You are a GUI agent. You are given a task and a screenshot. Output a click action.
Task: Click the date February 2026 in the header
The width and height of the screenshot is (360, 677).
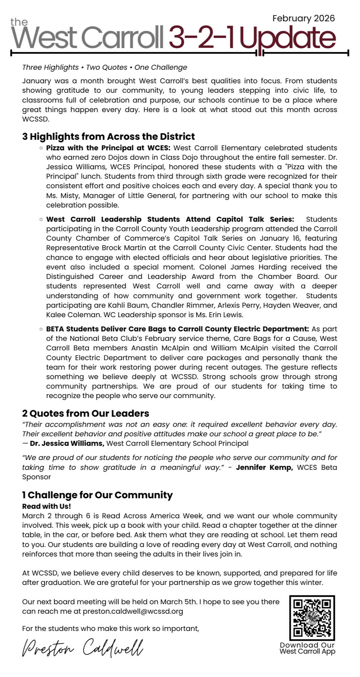pos(303,18)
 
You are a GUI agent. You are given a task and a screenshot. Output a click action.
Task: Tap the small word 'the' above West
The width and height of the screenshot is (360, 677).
pos(19,22)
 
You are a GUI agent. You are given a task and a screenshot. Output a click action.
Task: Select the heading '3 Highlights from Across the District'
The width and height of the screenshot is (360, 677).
pos(108,136)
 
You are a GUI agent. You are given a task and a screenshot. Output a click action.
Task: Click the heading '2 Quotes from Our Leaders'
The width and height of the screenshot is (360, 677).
pos(85,413)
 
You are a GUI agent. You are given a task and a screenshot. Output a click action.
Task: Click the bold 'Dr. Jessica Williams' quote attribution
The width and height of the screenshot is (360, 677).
pos(67,443)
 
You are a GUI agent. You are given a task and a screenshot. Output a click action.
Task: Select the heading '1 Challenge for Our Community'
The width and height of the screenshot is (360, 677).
pos(98,495)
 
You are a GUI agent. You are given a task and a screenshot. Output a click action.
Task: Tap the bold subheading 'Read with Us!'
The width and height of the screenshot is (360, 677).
pos(46,506)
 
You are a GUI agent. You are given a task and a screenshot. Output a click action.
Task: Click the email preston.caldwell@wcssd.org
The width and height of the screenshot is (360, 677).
pos(133,611)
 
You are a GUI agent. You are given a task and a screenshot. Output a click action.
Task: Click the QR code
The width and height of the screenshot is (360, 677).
pos(312,618)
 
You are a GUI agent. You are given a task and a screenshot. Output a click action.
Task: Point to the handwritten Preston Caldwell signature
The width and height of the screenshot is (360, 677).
pos(83,647)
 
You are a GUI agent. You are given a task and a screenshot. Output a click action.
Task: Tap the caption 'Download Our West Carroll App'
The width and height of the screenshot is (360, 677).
pos(307,648)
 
